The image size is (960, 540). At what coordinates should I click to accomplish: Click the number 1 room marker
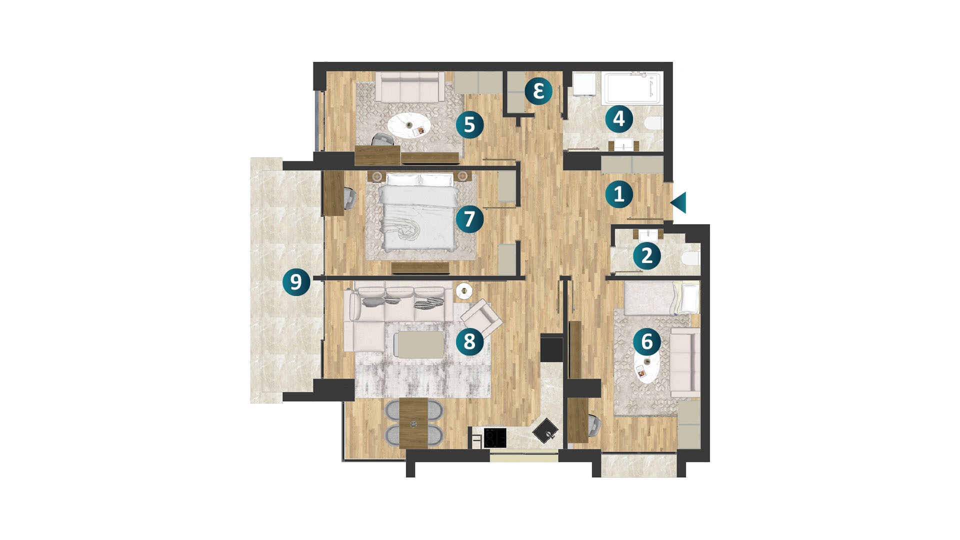[619, 194]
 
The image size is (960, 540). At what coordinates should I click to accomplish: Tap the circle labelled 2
[647, 256]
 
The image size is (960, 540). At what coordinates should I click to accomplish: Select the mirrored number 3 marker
[538, 91]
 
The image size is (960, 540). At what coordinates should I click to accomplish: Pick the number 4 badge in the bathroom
[619, 119]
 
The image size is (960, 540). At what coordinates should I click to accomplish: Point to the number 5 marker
[469, 124]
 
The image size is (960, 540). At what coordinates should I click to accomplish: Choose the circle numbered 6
[647, 342]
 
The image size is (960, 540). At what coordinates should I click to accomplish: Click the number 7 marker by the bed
[469, 219]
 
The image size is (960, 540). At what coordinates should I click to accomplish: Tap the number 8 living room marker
[469, 341]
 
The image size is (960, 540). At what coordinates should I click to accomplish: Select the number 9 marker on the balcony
[296, 282]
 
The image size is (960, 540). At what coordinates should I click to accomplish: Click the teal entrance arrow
[678, 202]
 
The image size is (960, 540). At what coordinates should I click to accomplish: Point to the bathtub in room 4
[632, 88]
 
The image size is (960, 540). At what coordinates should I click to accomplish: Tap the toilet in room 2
[690, 258]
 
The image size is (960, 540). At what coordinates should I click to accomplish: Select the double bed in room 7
[418, 212]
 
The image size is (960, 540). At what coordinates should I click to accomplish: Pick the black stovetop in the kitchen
[495, 438]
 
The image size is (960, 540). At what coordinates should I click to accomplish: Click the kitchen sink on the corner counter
[545, 430]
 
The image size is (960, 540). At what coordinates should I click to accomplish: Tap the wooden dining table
[414, 423]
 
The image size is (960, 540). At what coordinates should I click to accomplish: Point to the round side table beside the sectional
[464, 290]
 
